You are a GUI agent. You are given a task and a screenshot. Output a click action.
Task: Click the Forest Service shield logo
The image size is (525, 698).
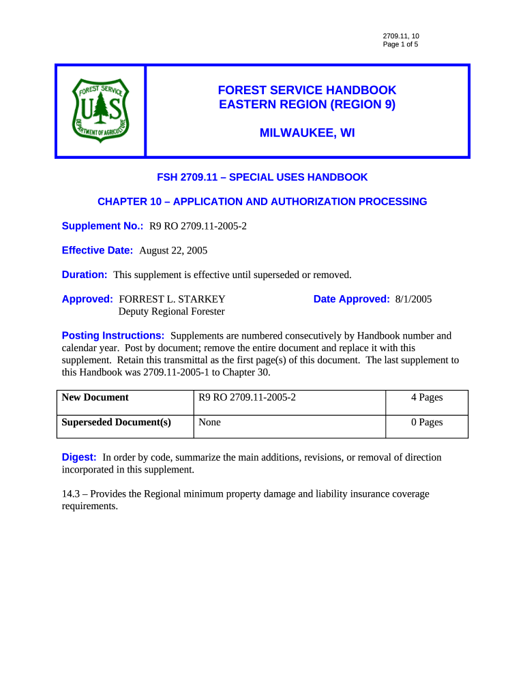click(x=100, y=110)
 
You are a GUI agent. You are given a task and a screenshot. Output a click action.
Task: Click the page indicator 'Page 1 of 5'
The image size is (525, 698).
click(x=400, y=44)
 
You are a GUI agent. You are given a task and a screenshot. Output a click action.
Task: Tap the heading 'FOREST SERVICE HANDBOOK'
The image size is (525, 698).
click(x=307, y=90)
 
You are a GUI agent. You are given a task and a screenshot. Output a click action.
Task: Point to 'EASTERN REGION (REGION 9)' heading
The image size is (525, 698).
click(x=307, y=104)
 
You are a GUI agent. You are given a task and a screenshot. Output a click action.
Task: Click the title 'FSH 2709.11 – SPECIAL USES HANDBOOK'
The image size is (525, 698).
click(x=262, y=177)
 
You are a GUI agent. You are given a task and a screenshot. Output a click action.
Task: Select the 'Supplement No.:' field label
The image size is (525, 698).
click(x=98, y=226)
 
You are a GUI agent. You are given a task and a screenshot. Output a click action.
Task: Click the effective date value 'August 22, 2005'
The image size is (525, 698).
click(x=173, y=250)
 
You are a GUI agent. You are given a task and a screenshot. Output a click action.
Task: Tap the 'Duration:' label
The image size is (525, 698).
click(x=85, y=275)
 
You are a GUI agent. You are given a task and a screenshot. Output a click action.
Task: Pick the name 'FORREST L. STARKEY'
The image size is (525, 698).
click(x=172, y=299)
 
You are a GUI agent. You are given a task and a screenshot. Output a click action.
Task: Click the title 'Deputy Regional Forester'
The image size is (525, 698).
click(x=172, y=312)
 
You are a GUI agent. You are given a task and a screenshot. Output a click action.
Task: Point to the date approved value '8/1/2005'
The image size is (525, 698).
click(x=413, y=299)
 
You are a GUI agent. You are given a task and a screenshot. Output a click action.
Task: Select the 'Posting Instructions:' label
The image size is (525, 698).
click(x=113, y=336)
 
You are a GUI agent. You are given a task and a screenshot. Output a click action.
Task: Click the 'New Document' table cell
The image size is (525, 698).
click(x=95, y=397)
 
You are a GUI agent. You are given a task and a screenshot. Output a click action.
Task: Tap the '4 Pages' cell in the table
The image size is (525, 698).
click(x=427, y=397)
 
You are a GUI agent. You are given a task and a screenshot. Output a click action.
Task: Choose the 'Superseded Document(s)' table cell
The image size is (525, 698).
click(x=116, y=422)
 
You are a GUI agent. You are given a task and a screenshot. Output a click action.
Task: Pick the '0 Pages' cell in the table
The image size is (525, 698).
click(x=427, y=422)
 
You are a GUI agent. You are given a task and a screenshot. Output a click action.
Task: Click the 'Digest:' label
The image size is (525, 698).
click(x=79, y=457)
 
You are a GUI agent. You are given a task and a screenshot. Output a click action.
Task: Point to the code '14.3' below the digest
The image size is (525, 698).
click(x=70, y=494)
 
